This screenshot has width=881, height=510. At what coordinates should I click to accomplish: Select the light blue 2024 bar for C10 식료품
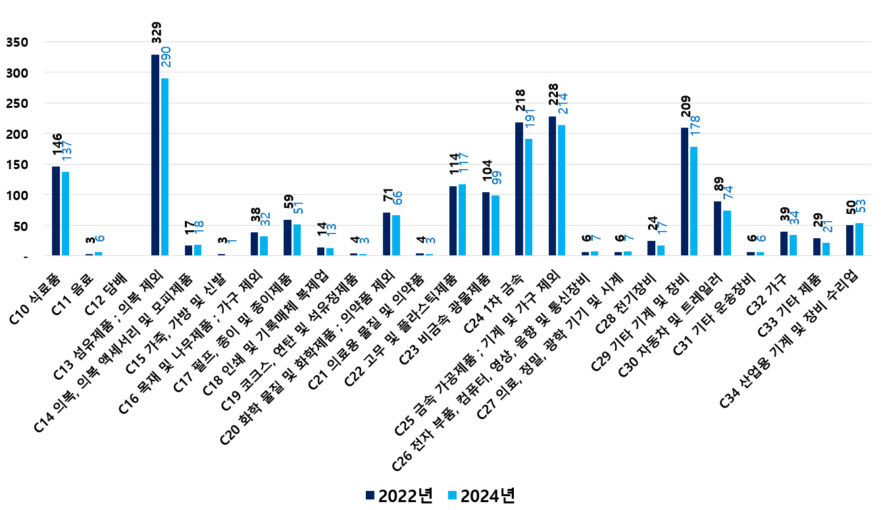pos(65,213)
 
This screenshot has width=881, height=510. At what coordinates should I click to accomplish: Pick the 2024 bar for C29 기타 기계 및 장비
pos(693,201)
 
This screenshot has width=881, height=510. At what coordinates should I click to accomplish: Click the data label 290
pos(166,63)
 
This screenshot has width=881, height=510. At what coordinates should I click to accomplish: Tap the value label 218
pos(519,105)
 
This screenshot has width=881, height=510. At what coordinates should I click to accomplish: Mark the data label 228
pos(553,99)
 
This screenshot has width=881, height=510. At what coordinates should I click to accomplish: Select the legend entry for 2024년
pos(481,496)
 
